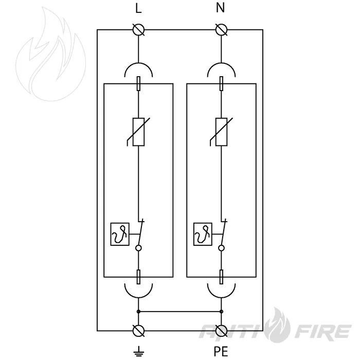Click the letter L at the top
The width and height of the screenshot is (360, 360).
(x=138, y=9)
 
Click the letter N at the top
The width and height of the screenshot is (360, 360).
(x=221, y=8)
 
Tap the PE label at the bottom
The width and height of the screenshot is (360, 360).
(x=221, y=351)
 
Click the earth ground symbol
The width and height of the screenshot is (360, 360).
(x=138, y=351)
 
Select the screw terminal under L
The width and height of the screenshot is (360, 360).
(x=139, y=30)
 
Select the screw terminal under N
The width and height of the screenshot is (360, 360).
(x=222, y=30)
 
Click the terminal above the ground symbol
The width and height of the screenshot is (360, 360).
(x=139, y=331)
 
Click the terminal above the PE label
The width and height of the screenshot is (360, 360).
(x=222, y=331)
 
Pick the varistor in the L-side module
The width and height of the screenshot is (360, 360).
(x=138, y=132)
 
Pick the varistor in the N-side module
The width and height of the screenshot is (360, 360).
(x=221, y=132)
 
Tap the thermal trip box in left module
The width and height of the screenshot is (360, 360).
(x=120, y=234)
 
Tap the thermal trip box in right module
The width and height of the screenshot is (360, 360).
(x=203, y=234)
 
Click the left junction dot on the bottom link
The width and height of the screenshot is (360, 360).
(x=138, y=312)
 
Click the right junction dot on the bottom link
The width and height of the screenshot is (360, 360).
(x=221, y=312)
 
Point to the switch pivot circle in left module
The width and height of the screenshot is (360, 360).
(x=138, y=248)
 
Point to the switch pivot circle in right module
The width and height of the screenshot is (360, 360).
(x=221, y=248)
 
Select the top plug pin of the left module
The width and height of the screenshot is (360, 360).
(x=138, y=83)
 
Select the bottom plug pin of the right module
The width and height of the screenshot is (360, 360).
(x=221, y=277)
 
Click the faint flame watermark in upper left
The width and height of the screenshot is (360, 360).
(x=51, y=54)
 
